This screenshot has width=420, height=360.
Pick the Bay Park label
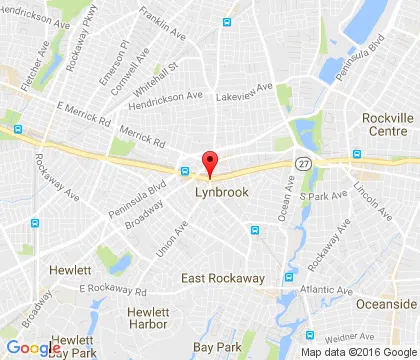pyautogui.click(x=216, y=345)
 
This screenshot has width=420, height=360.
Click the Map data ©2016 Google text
pyautogui.click(x=355, y=351)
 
